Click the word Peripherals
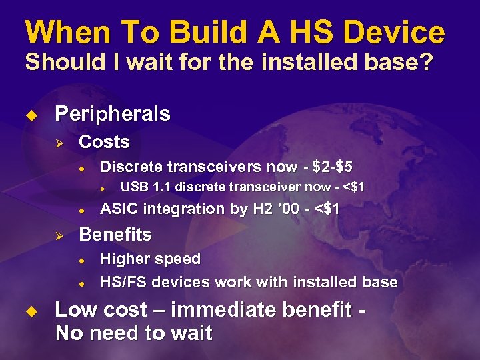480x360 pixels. tap(113, 114)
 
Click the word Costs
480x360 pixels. tap(104, 142)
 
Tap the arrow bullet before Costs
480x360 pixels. tap(59, 142)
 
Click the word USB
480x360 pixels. tap(135, 187)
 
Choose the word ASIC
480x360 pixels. tap(117, 209)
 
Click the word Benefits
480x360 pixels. tap(115, 235)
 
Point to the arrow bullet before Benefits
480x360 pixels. tap(59, 235)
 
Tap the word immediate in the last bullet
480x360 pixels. tap(240, 311)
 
